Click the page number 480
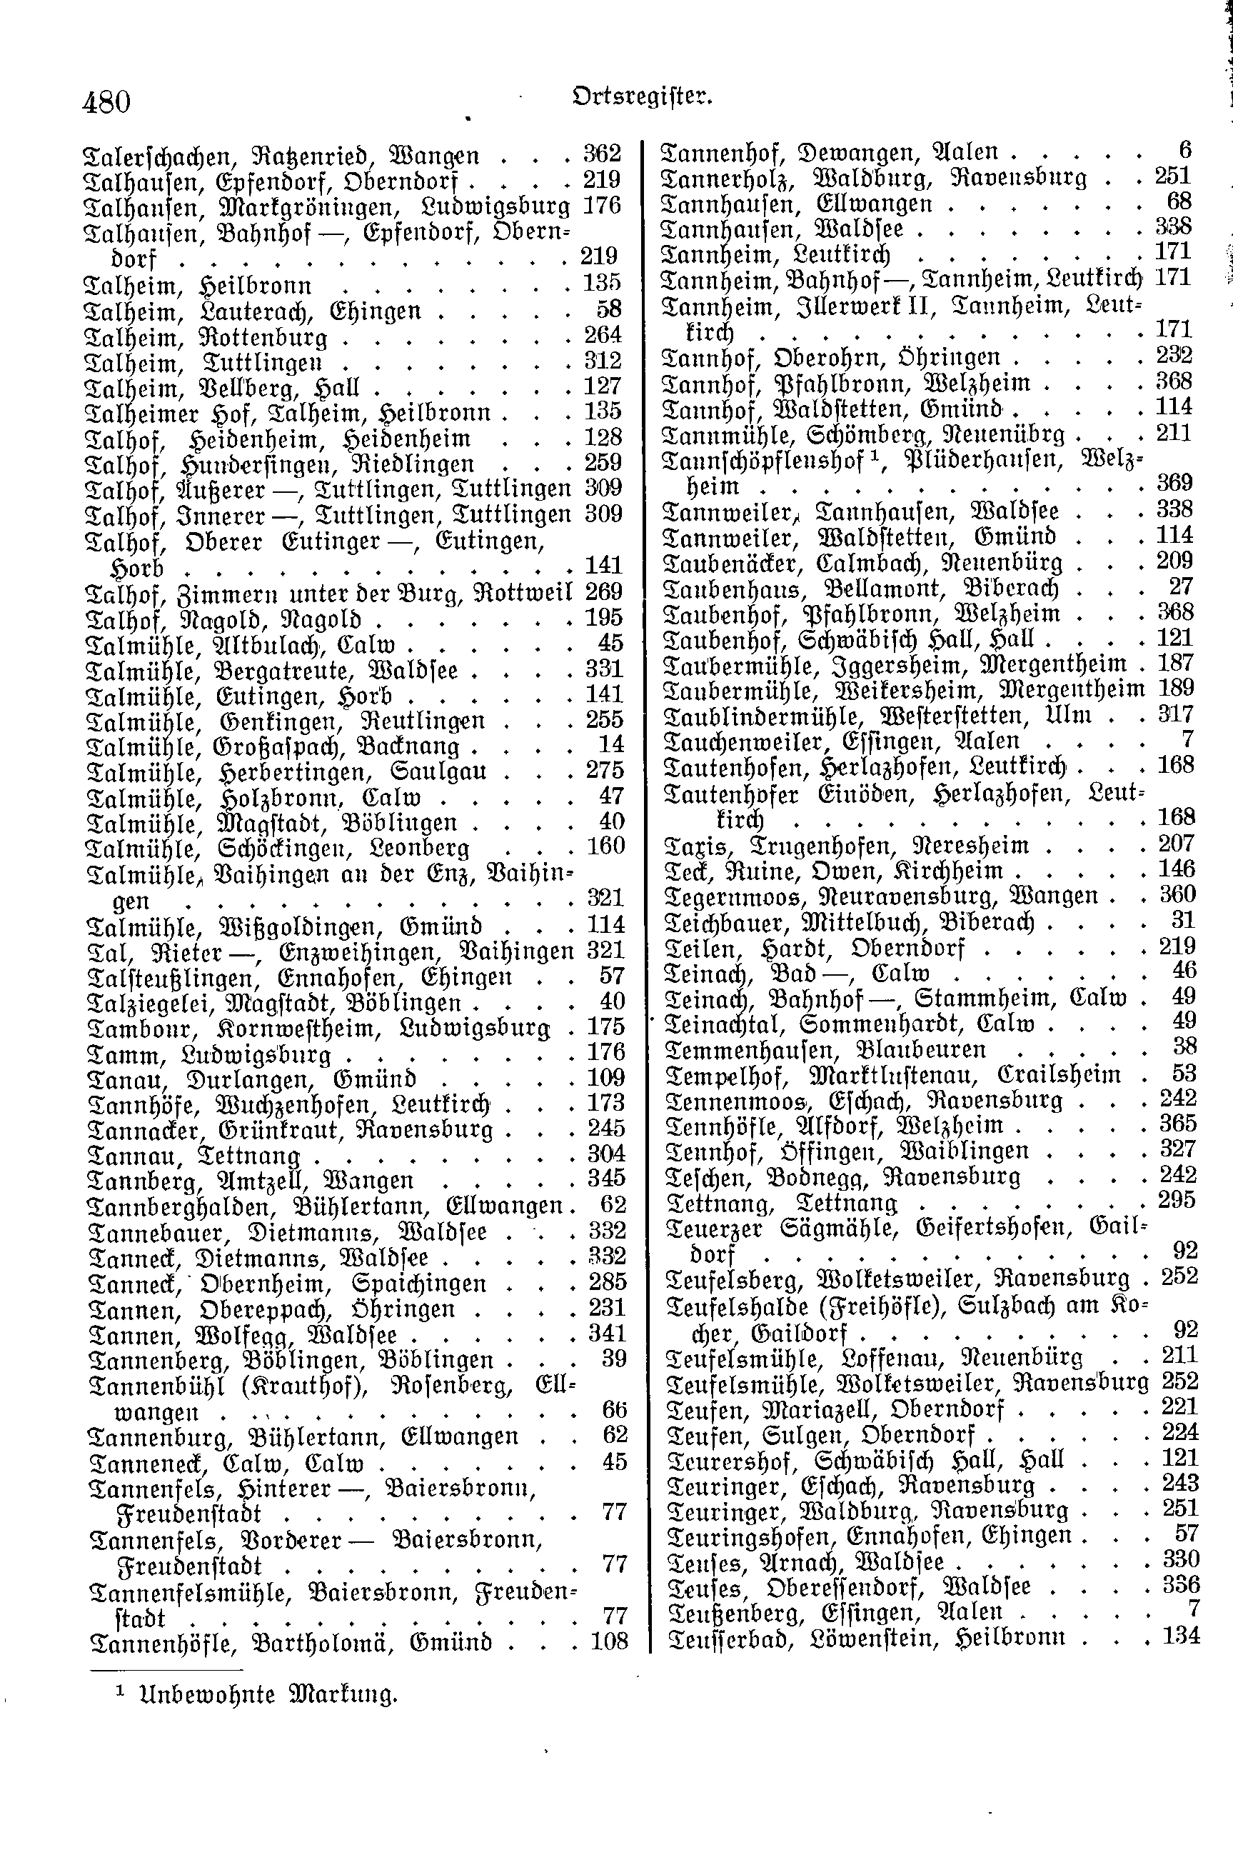click(106, 102)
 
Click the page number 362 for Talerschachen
click(603, 154)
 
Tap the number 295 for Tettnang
click(1177, 1201)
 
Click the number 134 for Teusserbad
click(1181, 1637)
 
